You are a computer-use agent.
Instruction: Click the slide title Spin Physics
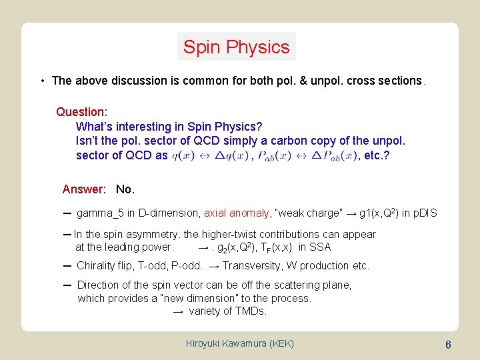237,47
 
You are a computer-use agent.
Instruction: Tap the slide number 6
449,345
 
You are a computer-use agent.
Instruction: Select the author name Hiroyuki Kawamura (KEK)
240,343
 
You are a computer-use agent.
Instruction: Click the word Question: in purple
82,112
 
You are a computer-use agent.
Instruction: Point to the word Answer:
84,189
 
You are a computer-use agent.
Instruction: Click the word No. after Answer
125,189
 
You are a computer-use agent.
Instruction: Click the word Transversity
261,265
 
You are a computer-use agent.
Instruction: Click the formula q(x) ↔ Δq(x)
209,156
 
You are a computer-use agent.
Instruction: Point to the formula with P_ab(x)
306,156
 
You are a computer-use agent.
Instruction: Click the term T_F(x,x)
277,247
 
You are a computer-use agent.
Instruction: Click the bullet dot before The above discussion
42,81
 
